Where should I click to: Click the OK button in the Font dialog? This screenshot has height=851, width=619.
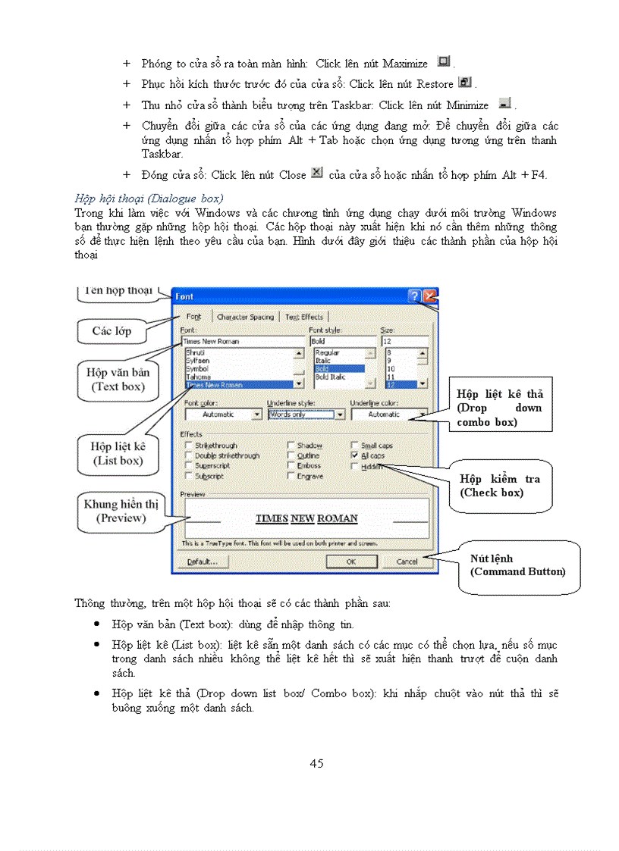[x=351, y=562]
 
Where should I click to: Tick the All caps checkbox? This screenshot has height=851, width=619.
[x=355, y=456]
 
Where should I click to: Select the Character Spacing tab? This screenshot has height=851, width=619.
[x=244, y=317]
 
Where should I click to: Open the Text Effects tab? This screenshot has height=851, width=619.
[x=303, y=317]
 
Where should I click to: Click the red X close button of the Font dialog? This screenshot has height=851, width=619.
[x=430, y=296]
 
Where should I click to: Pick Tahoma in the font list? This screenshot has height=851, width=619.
[x=199, y=377]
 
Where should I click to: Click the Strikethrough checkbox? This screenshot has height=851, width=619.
[x=190, y=446]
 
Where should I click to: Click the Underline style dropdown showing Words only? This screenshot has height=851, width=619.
[x=306, y=415]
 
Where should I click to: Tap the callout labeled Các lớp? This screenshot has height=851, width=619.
[x=112, y=331]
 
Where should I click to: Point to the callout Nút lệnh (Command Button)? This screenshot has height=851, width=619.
[x=518, y=565]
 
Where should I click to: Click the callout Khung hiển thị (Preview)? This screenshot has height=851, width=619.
[x=121, y=512]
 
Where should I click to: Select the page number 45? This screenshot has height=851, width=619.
[x=316, y=763]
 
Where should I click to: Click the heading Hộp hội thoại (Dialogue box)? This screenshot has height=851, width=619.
[x=149, y=199]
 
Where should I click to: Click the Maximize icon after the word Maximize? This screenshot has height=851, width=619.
[x=445, y=62]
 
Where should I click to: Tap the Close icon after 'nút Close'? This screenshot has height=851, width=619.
[x=317, y=174]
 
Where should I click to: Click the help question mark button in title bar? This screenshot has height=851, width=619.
[x=414, y=296]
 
